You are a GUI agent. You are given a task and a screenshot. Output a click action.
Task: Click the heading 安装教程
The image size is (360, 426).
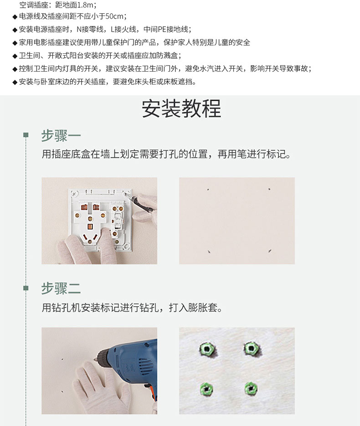pos(181,108)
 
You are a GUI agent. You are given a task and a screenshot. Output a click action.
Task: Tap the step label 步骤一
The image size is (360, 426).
pos(61,136)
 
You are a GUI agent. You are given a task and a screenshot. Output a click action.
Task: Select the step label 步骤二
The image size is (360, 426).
pos(61,288)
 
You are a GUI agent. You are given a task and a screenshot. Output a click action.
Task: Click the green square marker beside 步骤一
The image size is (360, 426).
pos(26,135)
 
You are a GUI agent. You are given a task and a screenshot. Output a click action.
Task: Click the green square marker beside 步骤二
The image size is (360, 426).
pos(26,288)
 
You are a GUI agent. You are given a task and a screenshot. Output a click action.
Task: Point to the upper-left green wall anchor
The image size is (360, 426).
pos(207,349)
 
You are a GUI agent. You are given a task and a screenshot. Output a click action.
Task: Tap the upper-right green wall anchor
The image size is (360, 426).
pos(252,348)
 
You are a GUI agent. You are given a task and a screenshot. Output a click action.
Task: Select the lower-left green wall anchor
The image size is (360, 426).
pos(206,389)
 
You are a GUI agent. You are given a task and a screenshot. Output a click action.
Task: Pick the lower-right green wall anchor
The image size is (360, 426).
pos(251,388)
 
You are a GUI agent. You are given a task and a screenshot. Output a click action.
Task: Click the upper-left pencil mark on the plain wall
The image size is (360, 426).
pos(208,190)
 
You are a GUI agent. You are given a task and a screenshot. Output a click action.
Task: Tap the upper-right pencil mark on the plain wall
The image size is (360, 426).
pos(269,189)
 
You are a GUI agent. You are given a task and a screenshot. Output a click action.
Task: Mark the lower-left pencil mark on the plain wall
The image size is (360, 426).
pos(209,251)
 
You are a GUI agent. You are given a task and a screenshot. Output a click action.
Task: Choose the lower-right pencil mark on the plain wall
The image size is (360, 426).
pos(269,251)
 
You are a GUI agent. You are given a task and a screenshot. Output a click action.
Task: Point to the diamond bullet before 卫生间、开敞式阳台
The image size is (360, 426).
pos(15,56)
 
